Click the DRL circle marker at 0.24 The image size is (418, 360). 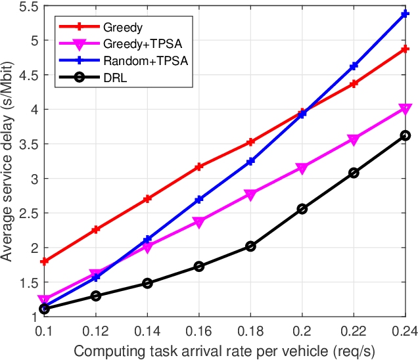point(406,135)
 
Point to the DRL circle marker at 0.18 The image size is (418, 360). point(250,246)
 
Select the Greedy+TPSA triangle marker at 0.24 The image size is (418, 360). point(406,109)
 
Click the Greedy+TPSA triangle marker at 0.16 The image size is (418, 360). point(198,222)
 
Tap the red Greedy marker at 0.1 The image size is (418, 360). point(44,261)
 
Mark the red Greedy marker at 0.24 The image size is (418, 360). point(406,49)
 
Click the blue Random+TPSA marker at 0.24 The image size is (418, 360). point(406,13)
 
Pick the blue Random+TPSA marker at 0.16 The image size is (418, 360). point(198,199)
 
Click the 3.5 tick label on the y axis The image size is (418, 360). point(28,144)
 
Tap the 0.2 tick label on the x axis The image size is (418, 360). point(302,328)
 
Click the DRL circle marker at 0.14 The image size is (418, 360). point(147,283)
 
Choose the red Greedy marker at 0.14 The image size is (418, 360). point(147,198)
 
